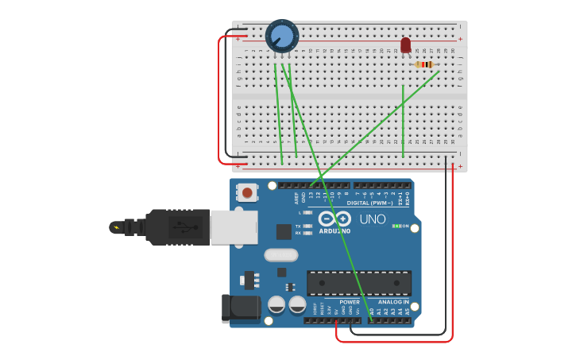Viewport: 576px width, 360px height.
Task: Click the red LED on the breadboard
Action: pos(405,45)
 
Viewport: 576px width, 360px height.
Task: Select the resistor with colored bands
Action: pos(425,64)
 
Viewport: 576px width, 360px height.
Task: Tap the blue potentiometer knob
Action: pos(281,36)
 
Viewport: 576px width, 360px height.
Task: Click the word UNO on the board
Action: pos(372,219)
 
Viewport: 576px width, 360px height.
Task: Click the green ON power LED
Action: pos(396,226)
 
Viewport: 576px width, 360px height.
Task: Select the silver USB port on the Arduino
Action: pos(234,227)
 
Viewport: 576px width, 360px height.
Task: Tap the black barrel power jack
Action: pos(240,308)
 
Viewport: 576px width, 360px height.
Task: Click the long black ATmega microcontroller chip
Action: pos(359,283)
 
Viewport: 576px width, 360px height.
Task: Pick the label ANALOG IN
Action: pos(394,302)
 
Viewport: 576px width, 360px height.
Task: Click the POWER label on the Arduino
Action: pos(350,302)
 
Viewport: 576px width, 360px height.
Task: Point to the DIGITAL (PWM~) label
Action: pos(369,203)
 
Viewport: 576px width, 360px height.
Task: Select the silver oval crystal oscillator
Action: pos(280,255)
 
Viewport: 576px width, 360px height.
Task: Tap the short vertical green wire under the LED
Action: pos(403,119)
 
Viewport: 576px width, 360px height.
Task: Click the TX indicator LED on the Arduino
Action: pos(307,226)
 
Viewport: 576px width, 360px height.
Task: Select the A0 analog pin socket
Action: pos(371,320)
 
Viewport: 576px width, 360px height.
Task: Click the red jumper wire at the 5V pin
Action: pos(337,330)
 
